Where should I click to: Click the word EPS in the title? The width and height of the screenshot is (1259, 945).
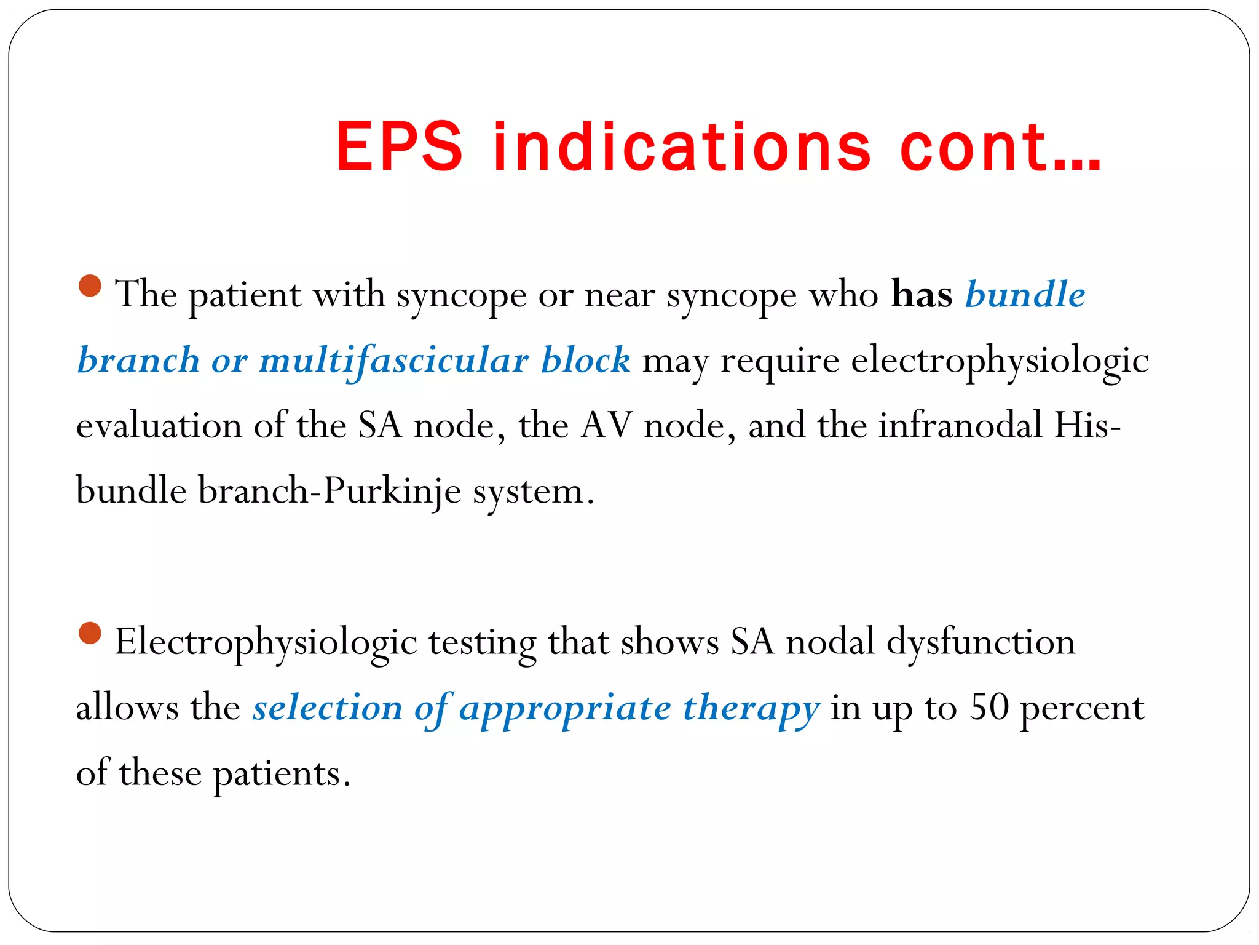399,147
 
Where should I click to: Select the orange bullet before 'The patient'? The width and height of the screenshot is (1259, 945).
90,285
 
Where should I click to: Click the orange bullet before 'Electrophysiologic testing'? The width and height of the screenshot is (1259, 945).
90,632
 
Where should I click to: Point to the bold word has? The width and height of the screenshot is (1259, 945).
922,294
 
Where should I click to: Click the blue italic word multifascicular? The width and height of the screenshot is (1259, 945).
394,360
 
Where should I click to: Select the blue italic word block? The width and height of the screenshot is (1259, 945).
585,360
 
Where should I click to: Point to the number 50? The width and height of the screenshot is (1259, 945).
989,707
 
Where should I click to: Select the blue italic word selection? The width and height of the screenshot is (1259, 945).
328,708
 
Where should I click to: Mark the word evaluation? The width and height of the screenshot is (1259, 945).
159,426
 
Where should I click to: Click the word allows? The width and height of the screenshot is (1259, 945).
127,708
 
